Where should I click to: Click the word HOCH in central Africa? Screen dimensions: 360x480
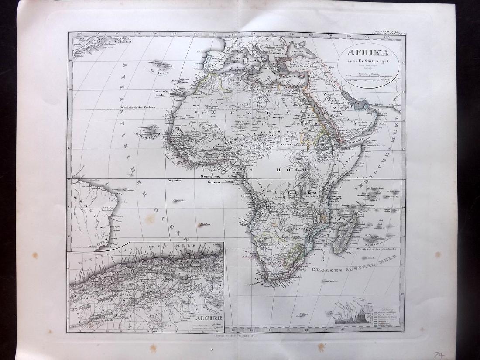click(x=284, y=169)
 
